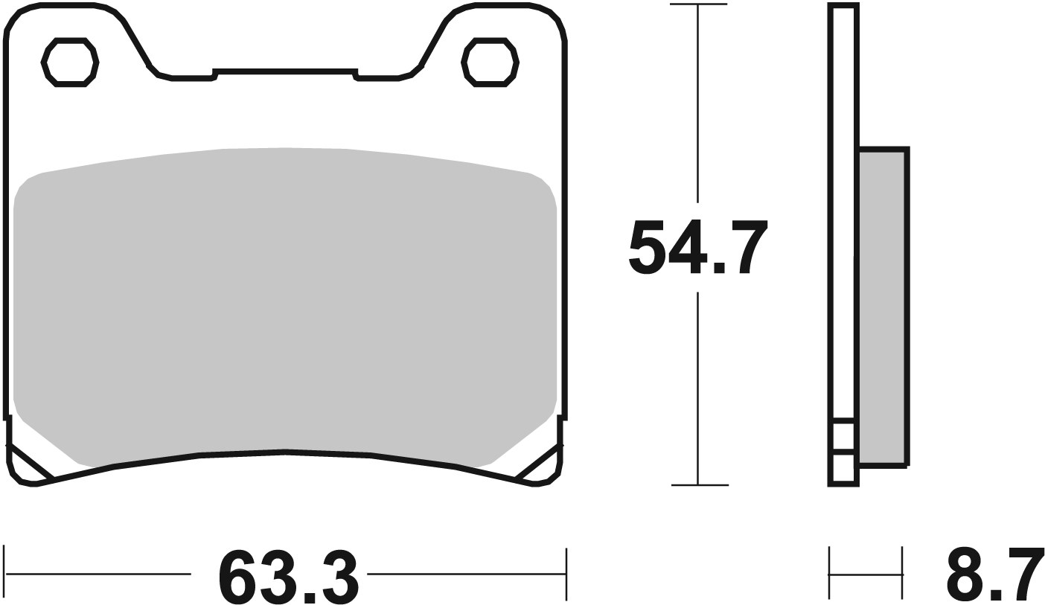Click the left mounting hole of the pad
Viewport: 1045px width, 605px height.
[70, 62]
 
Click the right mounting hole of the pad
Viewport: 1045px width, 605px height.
[490, 62]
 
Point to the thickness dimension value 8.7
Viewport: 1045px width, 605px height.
[994, 575]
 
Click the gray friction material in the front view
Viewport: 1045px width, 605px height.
[285, 298]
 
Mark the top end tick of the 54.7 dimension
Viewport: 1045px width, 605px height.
[698, 4]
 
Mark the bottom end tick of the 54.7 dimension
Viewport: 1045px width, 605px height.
[698, 485]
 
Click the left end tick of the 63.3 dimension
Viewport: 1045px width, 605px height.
[4, 574]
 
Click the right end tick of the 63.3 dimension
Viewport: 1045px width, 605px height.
[566, 574]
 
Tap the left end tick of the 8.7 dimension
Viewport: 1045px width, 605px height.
[829, 574]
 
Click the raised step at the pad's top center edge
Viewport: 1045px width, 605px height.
[285, 72]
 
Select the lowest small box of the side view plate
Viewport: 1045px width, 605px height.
[843, 469]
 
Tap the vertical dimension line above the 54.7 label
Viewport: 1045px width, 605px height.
[698, 104]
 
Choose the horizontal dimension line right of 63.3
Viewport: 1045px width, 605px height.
[465, 574]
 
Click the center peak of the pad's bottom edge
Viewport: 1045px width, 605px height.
[285, 451]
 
